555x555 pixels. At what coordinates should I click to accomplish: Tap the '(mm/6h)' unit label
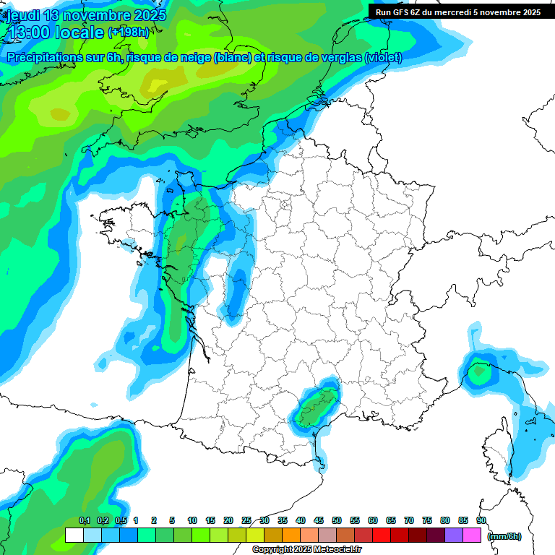coord(504,535)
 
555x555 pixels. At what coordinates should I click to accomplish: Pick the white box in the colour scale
coord(74,535)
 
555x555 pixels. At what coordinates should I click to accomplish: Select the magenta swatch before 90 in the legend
coord(472,535)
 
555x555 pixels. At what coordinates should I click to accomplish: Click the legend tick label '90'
coord(481,520)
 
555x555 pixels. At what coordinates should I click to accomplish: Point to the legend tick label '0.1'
coord(84,520)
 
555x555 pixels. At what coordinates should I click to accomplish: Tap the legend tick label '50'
coord(337,520)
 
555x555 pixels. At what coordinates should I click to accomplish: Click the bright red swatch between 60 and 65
coord(382,535)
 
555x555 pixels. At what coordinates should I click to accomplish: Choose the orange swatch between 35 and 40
coord(291,535)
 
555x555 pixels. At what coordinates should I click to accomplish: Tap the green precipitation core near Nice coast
coord(478,372)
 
